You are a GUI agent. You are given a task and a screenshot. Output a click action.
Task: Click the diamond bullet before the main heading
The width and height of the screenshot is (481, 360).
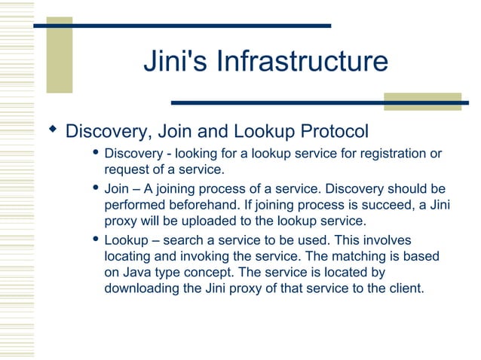52,130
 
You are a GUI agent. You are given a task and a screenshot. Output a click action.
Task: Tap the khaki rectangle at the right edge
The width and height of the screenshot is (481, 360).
421,102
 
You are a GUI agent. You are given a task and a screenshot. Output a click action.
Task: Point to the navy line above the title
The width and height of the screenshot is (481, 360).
182,26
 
